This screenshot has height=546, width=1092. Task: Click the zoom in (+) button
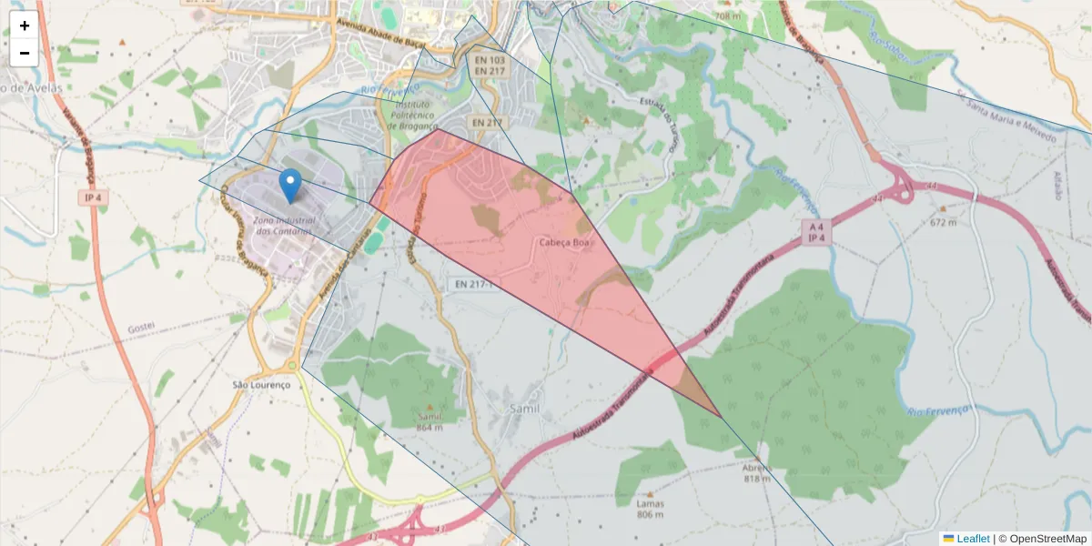25,25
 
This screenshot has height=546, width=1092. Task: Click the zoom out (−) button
25,53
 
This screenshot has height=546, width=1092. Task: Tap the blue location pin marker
290,185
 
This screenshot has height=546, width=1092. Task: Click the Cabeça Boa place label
566,243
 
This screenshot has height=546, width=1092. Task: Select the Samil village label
525,409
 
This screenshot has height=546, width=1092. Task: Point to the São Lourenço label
261,384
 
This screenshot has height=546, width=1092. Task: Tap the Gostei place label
141,326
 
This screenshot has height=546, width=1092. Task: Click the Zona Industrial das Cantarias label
284,226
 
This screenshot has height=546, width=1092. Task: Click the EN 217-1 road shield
474,284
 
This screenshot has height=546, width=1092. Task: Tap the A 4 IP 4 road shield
814,231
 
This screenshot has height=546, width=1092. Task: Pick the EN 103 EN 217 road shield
490,66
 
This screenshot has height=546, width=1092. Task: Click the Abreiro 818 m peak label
757,472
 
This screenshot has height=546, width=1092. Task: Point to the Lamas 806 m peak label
650,509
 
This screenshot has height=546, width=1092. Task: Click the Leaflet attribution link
972,539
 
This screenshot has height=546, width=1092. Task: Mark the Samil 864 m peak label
430,421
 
